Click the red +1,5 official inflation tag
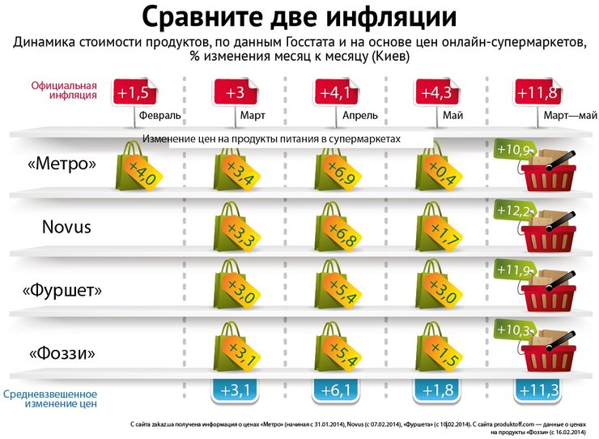click(133, 92)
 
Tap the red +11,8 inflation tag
click(535, 92)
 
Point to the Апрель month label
click(360, 116)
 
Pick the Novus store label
click(66, 227)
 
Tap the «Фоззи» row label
click(62, 354)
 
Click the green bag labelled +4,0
click(137, 166)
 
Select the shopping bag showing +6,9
click(338, 166)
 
